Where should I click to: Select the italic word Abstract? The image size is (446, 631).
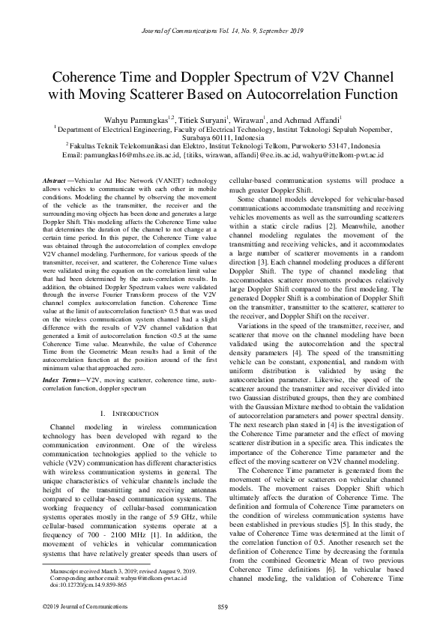click(53, 182)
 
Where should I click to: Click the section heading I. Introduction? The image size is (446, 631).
click(129, 413)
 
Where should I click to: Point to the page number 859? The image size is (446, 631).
click(222, 606)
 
